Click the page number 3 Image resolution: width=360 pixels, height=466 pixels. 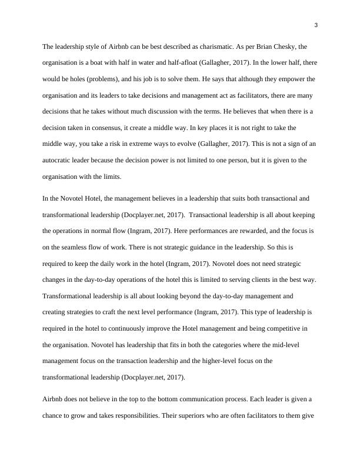[316, 25]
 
